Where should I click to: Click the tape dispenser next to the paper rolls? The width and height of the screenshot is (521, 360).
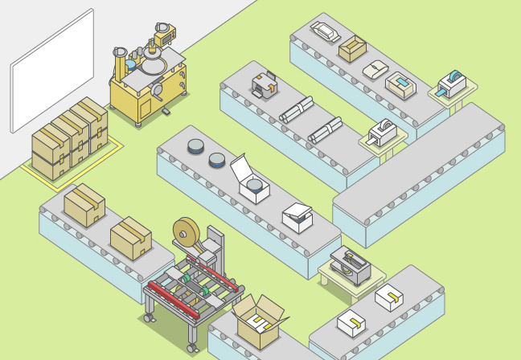coord(383,132)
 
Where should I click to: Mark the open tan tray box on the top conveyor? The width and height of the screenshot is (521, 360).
coord(352,51)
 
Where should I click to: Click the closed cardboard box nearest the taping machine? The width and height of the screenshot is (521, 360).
coord(130,239)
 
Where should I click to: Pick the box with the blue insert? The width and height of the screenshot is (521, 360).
coord(400,83)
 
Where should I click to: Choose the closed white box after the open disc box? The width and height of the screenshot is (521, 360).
coord(297,217)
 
